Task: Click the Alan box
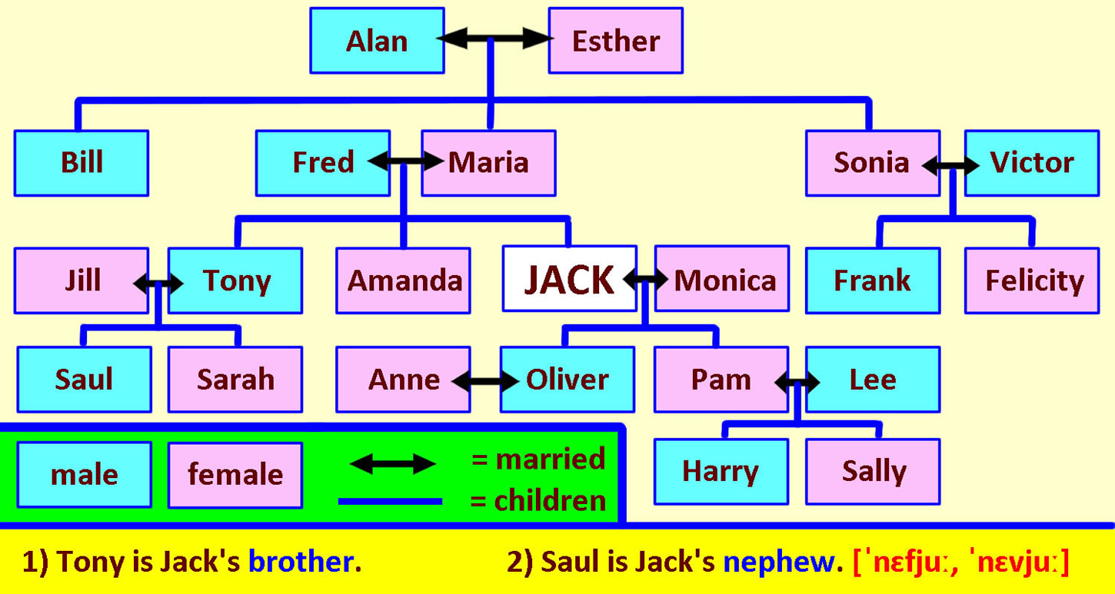[377, 40]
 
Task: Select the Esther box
[616, 40]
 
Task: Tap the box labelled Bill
[82, 163]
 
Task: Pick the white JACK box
[570, 279]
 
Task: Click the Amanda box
[403, 280]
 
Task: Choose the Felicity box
[1032, 280]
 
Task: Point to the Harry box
[721, 472]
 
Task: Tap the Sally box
[873, 472]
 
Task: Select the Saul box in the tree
[84, 380]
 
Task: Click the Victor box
[1032, 163]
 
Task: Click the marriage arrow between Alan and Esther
[494, 38]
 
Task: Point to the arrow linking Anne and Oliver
[485, 382]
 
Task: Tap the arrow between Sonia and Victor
[950, 165]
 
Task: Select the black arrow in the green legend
[393, 464]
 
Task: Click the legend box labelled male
[84, 475]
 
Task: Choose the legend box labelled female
[235, 475]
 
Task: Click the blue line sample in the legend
[390, 502]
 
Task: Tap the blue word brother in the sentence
[301, 562]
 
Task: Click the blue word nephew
[779, 562]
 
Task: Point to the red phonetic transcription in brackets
[960, 562]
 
